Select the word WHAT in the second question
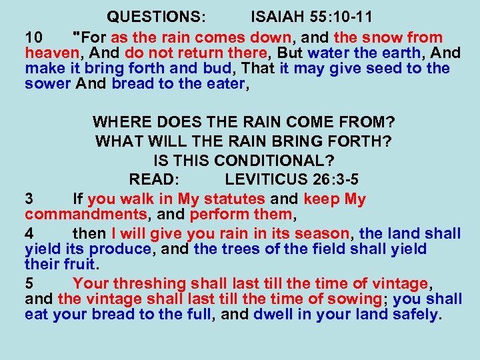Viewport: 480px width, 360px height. (119, 142)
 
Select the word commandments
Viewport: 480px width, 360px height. (86, 215)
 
